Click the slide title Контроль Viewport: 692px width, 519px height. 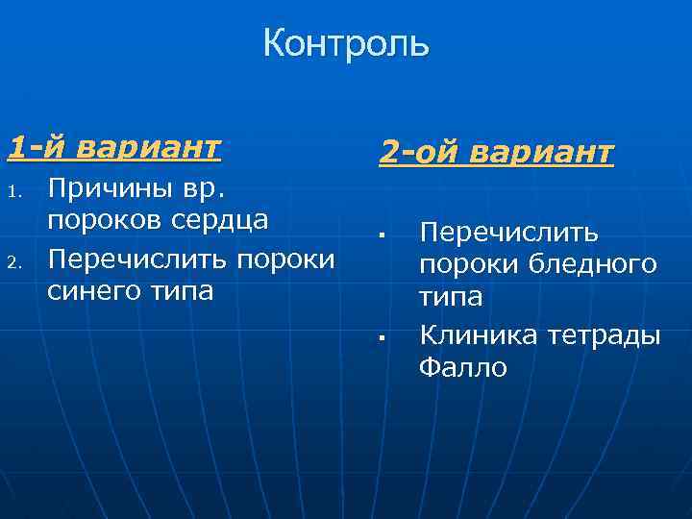tap(346, 44)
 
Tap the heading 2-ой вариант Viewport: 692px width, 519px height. tap(495, 151)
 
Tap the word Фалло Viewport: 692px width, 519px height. tap(462, 368)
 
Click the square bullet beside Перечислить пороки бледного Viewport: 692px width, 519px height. tap(382, 235)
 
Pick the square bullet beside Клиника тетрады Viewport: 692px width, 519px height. tap(382, 337)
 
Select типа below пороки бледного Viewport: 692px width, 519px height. tap(450, 299)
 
